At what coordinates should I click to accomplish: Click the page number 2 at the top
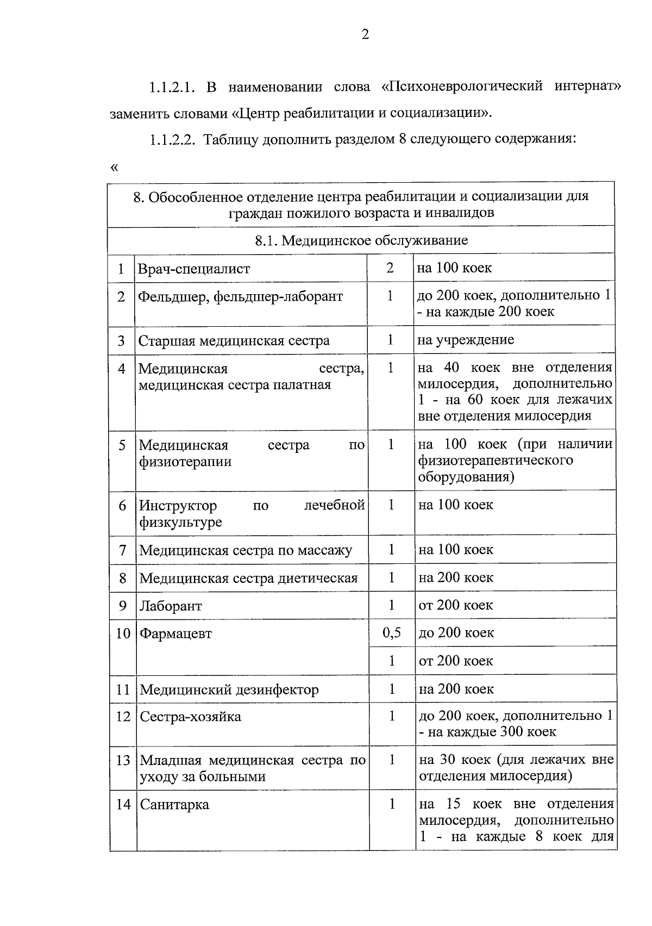(x=365, y=35)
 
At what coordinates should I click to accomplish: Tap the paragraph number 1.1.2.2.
(x=173, y=139)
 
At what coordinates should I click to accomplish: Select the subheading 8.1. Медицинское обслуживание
(x=361, y=240)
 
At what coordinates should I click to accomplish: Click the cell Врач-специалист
(x=194, y=269)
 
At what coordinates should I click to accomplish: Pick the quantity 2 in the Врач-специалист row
(x=390, y=268)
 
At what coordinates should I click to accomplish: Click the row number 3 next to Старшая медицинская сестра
(x=121, y=341)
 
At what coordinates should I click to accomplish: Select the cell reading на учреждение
(x=466, y=340)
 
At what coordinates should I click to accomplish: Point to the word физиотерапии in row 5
(x=185, y=462)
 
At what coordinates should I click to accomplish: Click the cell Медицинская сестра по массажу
(x=246, y=550)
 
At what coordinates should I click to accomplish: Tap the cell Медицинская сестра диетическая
(x=248, y=578)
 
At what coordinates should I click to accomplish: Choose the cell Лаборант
(x=171, y=606)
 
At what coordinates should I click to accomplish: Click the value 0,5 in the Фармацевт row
(x=391, y=633)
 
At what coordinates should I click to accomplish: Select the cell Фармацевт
(x=176, y=633)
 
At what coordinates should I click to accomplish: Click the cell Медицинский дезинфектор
(x=229, y=690)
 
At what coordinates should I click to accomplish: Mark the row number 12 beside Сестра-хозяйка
(x=123, y=717)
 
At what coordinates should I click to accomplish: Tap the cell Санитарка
(x=174, y=805)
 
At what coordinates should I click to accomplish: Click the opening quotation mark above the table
(x=114, y=167)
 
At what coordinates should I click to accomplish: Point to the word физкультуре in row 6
(x=180, y=523)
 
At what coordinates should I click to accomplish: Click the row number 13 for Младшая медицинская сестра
(x=123, y=760)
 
